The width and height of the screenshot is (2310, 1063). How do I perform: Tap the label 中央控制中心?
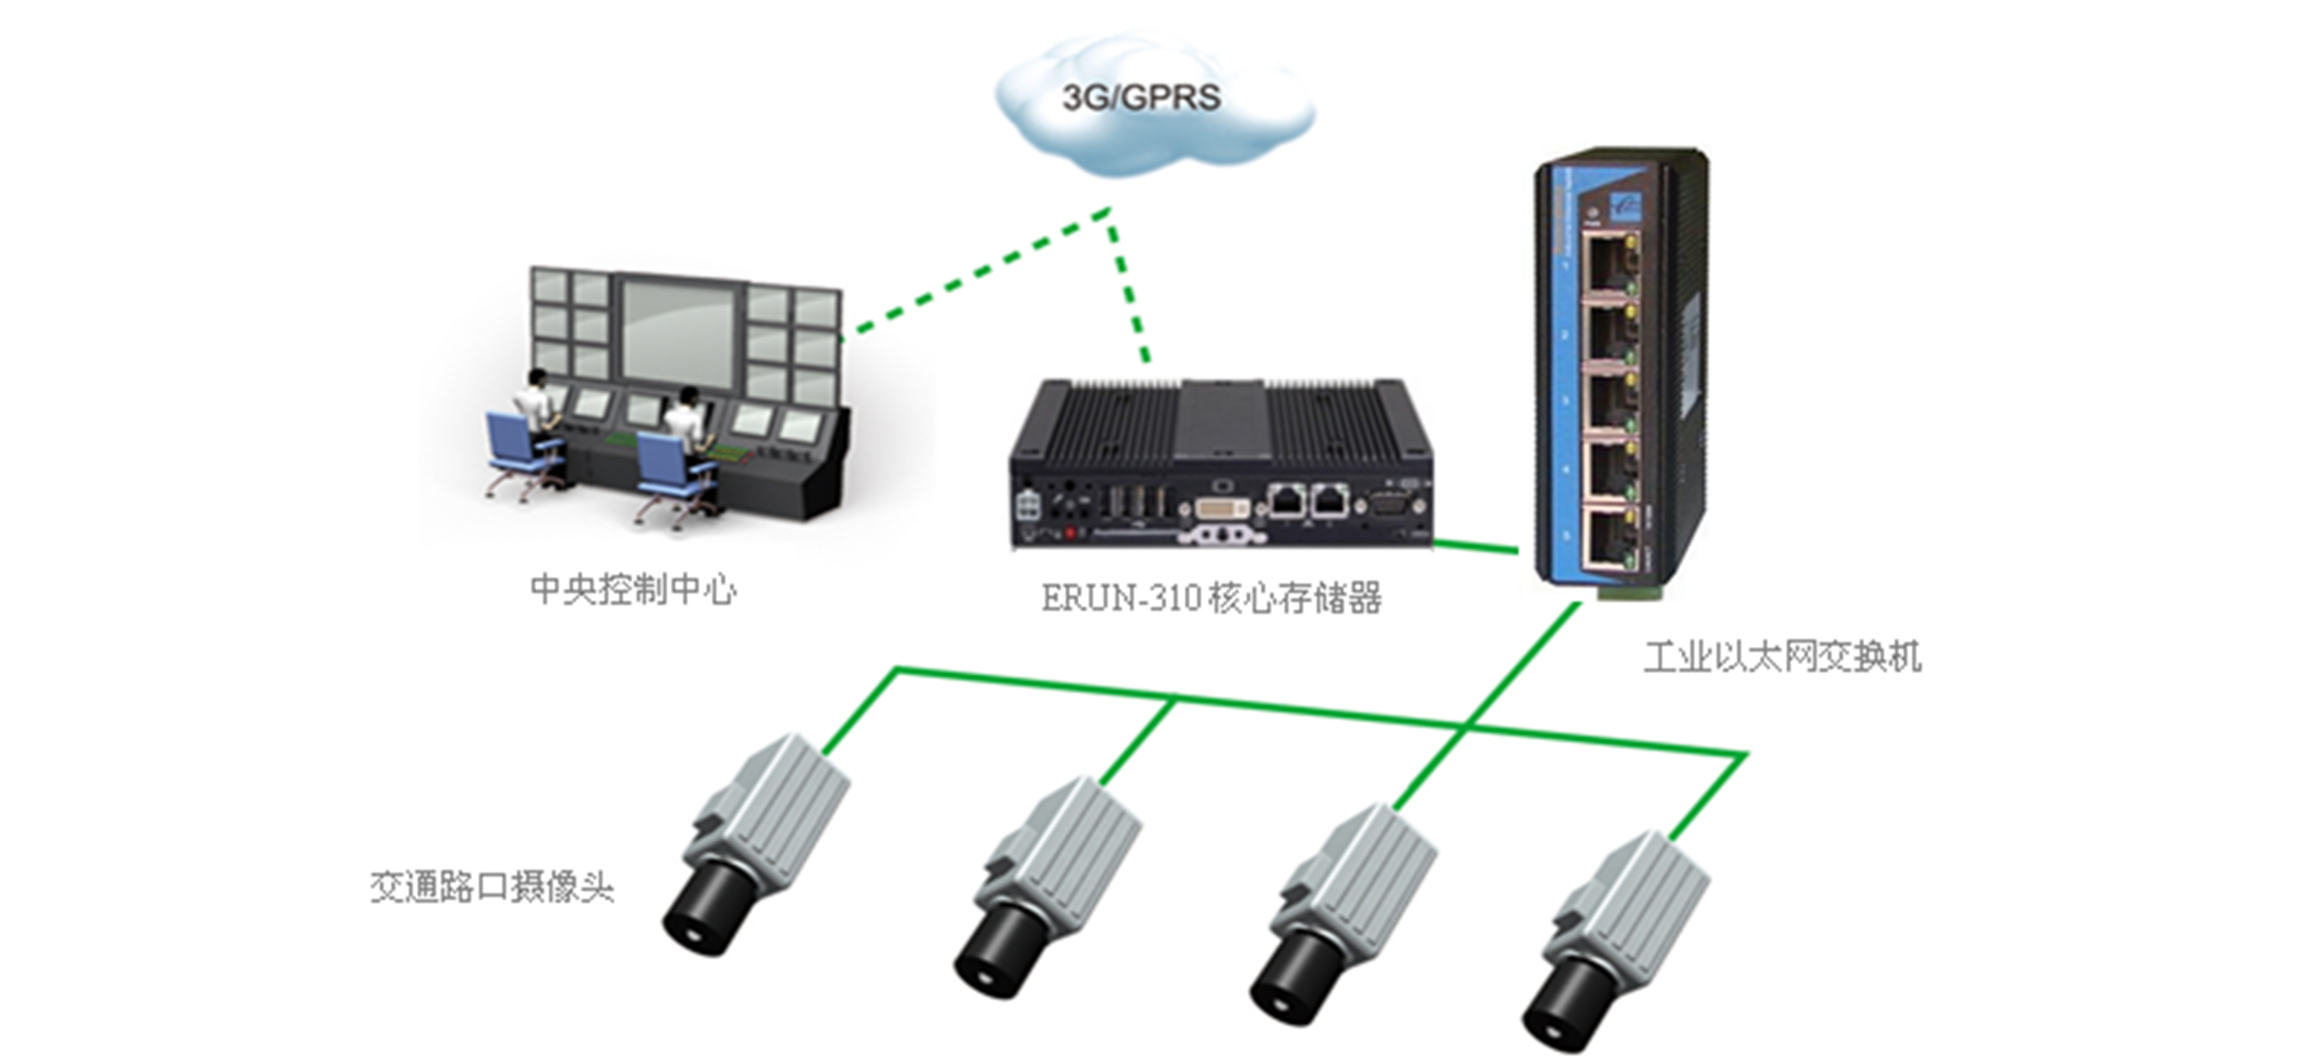(x=633, y=589)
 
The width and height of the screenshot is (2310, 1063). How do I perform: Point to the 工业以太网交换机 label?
(x=1782, y=657)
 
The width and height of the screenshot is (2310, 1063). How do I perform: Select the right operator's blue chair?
(x=664, y=466)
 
